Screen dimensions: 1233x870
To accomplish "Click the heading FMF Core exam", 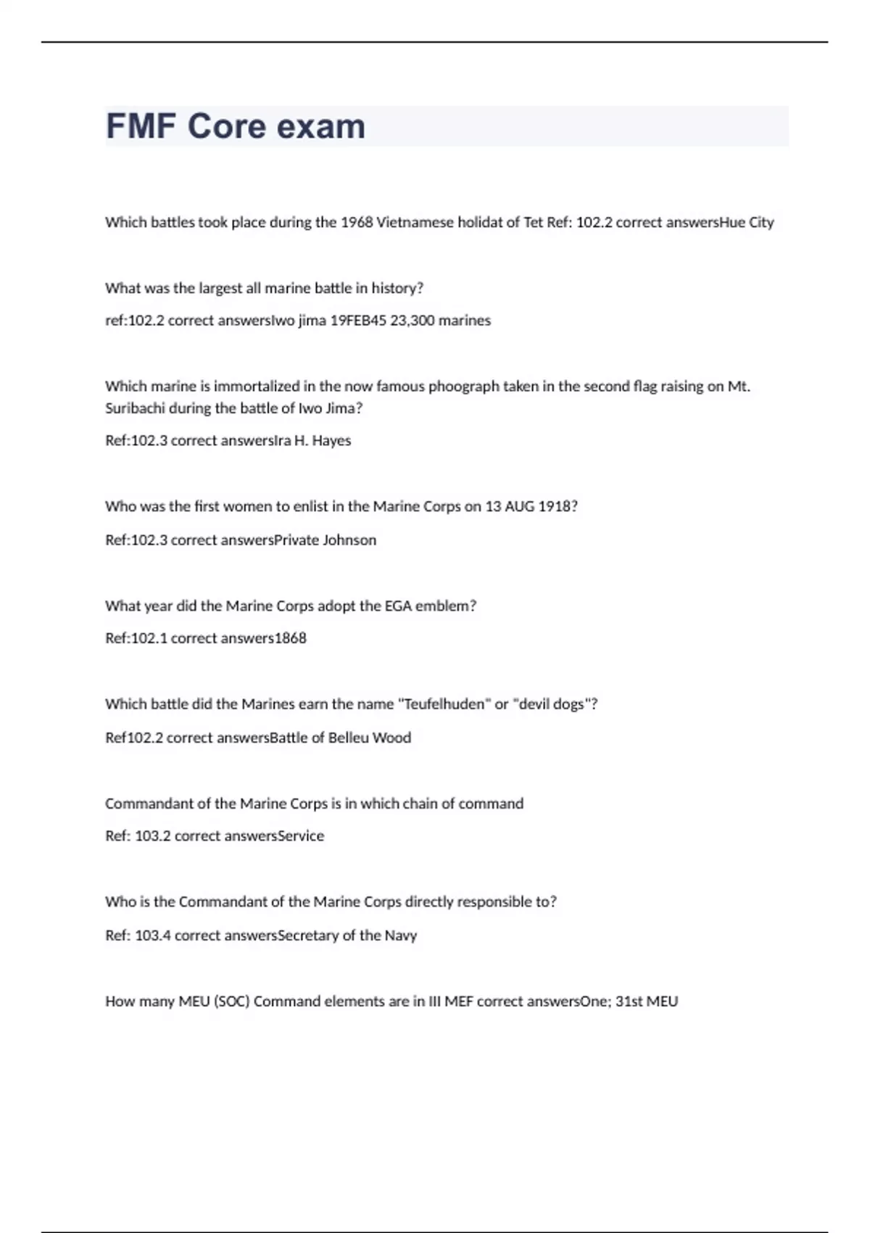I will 236,126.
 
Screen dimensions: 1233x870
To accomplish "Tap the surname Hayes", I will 331,441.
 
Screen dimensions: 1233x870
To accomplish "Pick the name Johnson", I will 349,540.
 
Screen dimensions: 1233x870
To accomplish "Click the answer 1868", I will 290,638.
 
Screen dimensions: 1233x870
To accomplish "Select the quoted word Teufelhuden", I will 444,704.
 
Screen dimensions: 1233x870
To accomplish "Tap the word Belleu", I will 348,738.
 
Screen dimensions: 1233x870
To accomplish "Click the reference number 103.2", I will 152,836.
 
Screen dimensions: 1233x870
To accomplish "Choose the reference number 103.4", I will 152,936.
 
